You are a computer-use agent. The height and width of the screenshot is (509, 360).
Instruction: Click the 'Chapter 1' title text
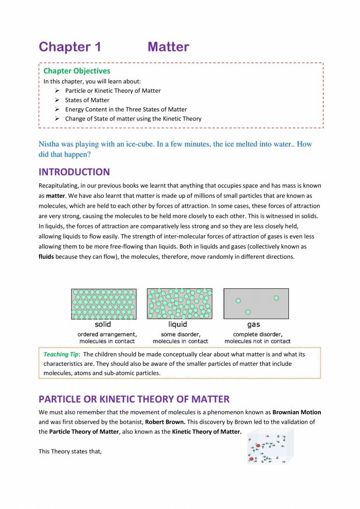[x=70, y=47]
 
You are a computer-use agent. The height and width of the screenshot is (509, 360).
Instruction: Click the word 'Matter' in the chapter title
[x=168, y=47]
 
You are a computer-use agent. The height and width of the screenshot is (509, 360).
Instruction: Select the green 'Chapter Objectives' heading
[x=77, y=71]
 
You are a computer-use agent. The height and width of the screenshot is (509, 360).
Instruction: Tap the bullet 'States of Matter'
[x=87, y=100]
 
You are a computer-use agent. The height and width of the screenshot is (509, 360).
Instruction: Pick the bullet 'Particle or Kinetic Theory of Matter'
[x=113, y=90]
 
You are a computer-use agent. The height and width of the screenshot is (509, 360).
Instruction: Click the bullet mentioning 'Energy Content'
[x=126, y=109]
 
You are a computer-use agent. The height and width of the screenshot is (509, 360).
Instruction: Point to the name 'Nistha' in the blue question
[x=49, y=144]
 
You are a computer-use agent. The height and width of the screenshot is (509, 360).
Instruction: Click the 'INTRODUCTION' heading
[x=74, y=172]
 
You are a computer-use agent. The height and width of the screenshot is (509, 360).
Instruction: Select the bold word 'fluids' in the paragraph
[x=46, y=256]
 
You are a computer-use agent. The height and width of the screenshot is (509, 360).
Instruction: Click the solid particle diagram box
[x=104, y=304]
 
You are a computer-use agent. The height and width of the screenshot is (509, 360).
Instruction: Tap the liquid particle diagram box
[x=180, y=304]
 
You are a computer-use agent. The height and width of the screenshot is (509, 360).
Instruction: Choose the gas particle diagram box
[x=256, y=304]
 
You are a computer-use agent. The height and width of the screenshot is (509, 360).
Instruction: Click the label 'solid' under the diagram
[x=103, y=324]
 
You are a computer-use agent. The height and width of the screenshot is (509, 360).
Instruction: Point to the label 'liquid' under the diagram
[x=178, y=324]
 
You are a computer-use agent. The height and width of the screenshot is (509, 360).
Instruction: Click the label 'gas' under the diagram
[x=254, y=324]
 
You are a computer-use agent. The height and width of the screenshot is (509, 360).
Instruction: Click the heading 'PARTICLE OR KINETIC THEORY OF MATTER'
[x=134, y=399]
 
